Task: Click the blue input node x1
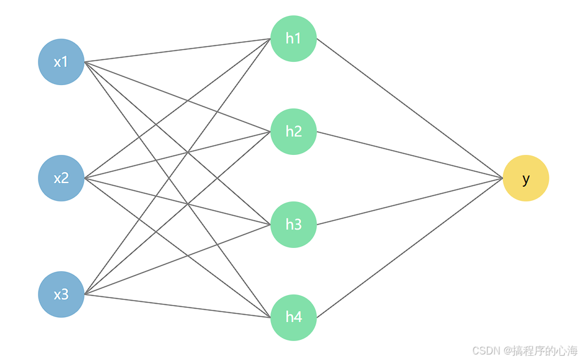click(x=61, y=62)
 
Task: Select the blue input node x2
click(x=61, y=178)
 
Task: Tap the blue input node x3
click(x=61, y=294)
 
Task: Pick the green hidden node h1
click(x=294, y=39)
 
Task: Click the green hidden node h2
click(x=294, y=132)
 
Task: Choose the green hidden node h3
click(x=294, y=225)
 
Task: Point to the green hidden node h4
click(x=294, y=317)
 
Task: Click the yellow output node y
click(x=526, y=178)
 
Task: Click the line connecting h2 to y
click(x=410, y=155)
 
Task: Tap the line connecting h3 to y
click(x=410, y=201)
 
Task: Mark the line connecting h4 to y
click(x=410, y=247)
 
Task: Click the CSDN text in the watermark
click(x=486, y=350)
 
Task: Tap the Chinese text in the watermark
click(x=545, y=350)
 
